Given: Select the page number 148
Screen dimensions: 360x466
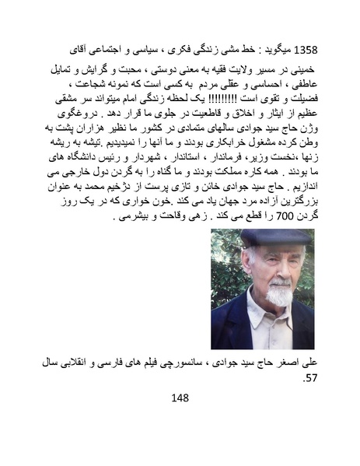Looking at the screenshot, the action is click(x=180, y=398).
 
